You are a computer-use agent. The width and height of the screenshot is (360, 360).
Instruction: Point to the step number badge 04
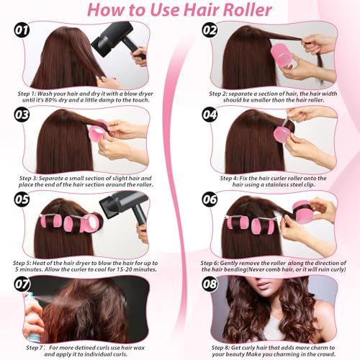pyautogui.click(x=210, y=116)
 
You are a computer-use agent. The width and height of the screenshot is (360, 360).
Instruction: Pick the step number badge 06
pyautogui.click(x=210, y=199)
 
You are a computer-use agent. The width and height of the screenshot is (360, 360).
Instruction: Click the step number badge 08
pyautogui.click(x=210, y=284)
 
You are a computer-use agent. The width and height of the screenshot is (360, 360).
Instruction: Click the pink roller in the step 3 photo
pyautogui.click(x=100, y=134)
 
